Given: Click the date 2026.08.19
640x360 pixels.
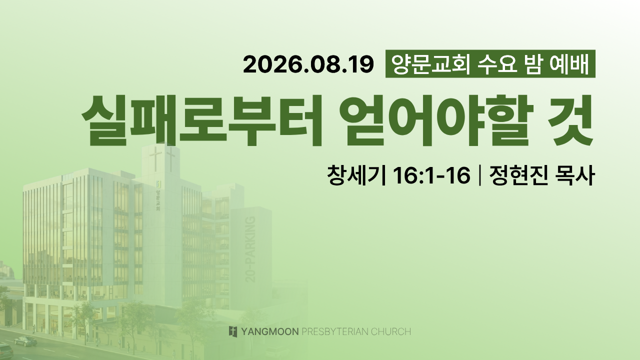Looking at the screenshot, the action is [308, 64].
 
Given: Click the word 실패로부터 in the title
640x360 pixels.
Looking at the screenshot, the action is [201, 120].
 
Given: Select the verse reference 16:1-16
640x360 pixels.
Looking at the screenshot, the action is [431, 175].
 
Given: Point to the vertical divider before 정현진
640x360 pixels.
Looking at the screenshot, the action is [479, 175].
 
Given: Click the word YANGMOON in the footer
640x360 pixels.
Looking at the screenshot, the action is [269, 331].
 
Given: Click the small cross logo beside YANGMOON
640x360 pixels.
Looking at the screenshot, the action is [233, 331].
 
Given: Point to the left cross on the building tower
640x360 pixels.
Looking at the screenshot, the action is [155, 159].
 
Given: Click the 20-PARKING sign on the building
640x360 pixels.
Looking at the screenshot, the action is [250, 249].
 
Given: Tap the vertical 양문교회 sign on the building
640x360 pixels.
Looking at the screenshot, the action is [157, 200].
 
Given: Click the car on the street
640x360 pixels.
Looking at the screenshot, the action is [25, 341].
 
